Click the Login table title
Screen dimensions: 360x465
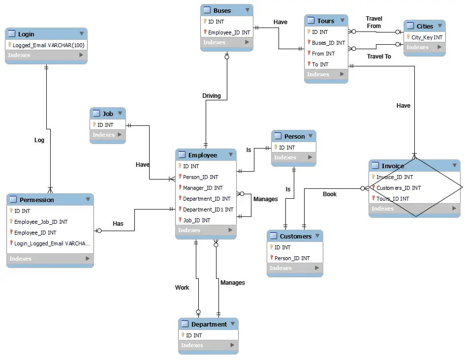click(26, 34)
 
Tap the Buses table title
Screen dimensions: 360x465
click(222, 10)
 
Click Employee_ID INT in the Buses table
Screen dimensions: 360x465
click(229, 32)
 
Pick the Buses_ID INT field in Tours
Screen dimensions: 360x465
click(328, 43)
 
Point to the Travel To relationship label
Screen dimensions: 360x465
click(379, 57)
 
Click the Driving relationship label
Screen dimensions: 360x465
click(212, 95)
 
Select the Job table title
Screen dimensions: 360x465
click(108, 114)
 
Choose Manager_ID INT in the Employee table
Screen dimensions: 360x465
click(202, 188)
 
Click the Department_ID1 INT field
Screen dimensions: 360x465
click(208, 210)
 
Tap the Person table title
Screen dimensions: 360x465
click(294, 136)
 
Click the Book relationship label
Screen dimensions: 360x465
click(330, 194)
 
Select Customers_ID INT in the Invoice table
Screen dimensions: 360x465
click(399, 188)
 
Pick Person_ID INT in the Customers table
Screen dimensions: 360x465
click(292, 258)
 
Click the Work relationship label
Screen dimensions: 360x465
click(182, 288)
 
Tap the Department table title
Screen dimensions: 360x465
click(209, 324)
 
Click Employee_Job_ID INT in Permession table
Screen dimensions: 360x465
click(41, 222)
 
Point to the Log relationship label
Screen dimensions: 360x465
click(39, 140)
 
